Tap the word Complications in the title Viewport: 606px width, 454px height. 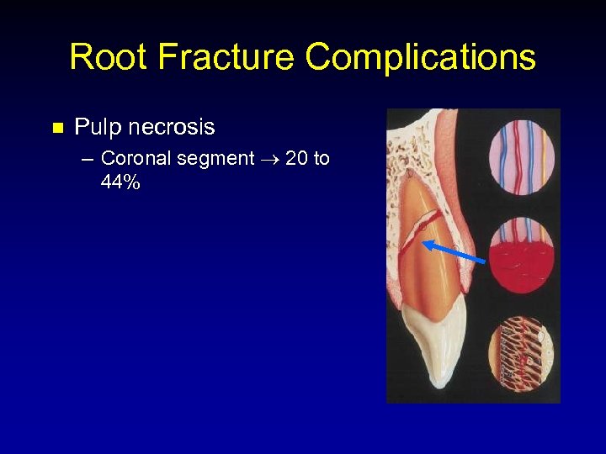coord(420,57)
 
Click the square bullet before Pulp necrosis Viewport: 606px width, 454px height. coord(58,129)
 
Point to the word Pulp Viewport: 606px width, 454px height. coord(94,128)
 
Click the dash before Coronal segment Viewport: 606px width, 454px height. coord(89,159)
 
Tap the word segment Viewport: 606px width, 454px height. coord(215,159)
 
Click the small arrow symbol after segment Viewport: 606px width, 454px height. coord(270,159)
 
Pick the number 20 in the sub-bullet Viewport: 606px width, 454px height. coord(297,158)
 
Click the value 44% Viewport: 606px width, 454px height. coord(120,182)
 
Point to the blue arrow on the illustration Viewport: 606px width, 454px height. coord(454,252)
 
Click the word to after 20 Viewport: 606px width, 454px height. coord(321,158)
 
